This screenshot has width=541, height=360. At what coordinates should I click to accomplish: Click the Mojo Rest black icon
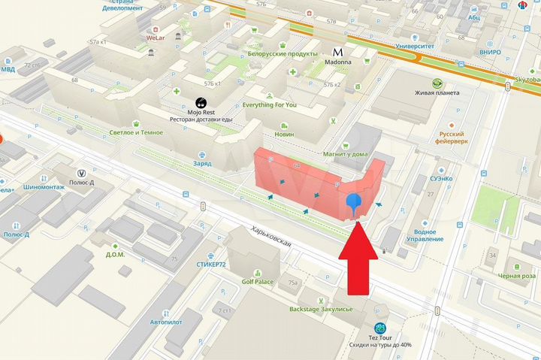(x=201, y=103)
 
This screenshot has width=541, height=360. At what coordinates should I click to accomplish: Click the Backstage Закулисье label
(x=321, y=309)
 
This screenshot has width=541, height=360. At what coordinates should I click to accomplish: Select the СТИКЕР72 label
(x=210, y=265)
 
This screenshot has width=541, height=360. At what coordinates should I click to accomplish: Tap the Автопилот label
(x=166, y=321)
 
